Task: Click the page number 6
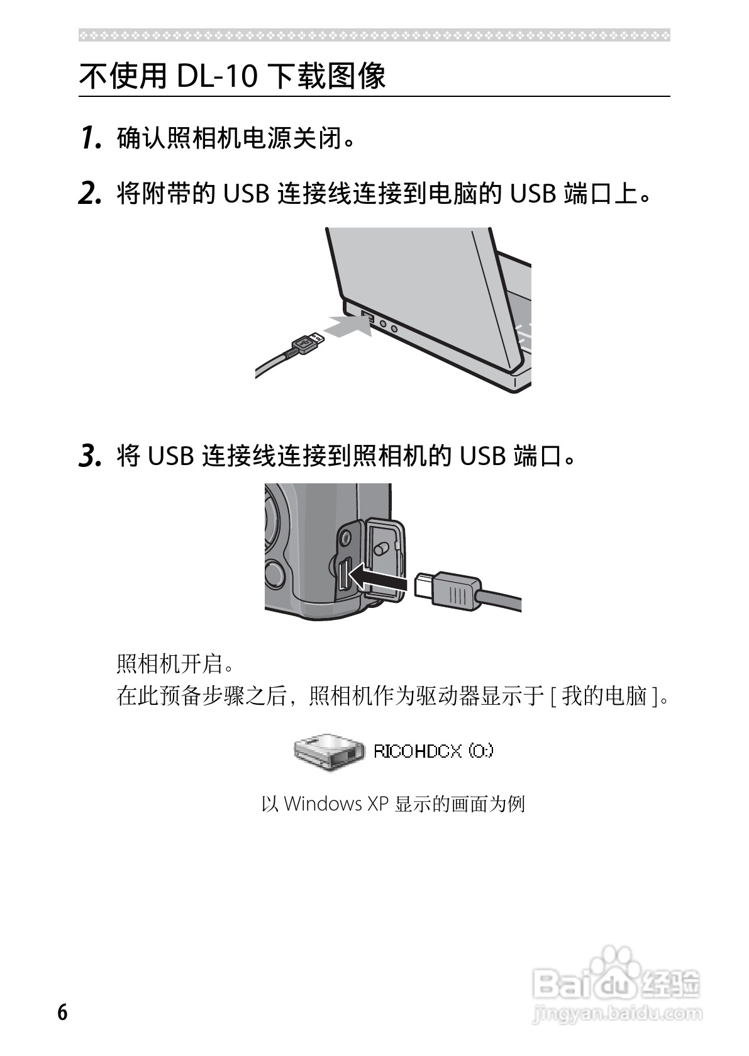[62, 1013]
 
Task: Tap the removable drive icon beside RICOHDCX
[328, 751]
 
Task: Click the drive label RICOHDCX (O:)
[433, 751]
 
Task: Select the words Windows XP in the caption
[336, 804]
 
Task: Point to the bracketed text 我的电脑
[604, 696]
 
